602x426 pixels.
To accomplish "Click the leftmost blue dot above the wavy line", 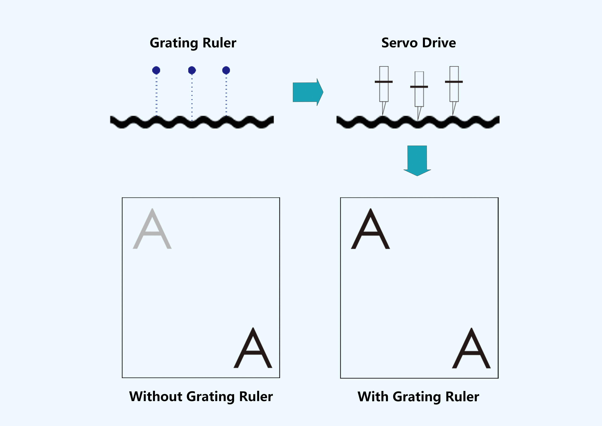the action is click(156, 70).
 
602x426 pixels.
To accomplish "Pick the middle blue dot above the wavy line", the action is click(192, 70).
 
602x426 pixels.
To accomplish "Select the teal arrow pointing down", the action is click(417, 161).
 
